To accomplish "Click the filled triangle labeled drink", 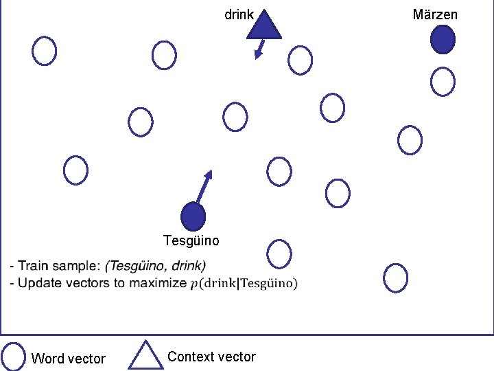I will (x=264, y=26).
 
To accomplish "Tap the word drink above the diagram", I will (x=239, y=14).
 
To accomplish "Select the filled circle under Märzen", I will (x=443, y=39).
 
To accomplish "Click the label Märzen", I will (x=435, y=14).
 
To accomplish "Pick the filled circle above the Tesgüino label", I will (x=193, y=216).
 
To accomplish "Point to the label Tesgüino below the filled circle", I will (x=191, y=240).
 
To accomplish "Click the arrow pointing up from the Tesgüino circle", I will (x=204, y=185).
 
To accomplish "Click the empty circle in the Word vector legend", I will (x=13, y=356).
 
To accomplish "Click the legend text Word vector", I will (x=69, y=359).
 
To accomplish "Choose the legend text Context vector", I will (x=211, y=357).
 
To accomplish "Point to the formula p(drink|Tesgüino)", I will (x=244, y=283).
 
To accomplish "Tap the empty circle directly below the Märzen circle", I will (x=443, y=82).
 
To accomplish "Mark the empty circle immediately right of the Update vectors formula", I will (x=396, y=278).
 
